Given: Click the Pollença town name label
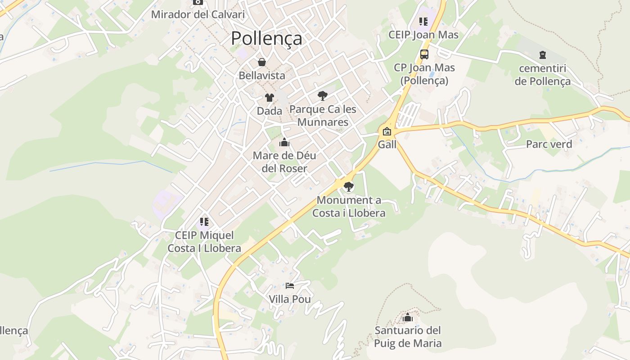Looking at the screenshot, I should (x=266, y=39).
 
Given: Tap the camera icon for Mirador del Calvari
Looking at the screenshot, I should (x=198, y=2).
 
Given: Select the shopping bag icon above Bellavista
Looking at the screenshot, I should (x=262, y=62).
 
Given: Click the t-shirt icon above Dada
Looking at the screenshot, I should (x=270, y=98).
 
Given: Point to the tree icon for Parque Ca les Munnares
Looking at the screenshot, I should (x=322, y=95).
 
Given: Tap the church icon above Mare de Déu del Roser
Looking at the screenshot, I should (x=284, y=143).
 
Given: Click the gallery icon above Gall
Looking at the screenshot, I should (x=387, y=131).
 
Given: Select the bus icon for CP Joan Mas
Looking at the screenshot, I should (x=424, y=54).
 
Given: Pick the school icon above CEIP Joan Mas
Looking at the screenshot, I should (x=423, y=21).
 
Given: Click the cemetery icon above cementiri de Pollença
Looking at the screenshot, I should (x=543, y=55).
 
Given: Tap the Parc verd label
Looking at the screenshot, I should (x=549, y=144).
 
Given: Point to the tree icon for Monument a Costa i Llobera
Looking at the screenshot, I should (x=349, y=187).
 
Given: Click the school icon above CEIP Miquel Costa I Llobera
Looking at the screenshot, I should (x=204, y=222).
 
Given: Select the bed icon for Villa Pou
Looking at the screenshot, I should (x=290, y=286).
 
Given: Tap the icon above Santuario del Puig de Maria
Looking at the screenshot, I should (x=408, y=318).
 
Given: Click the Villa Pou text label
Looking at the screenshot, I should (x=290, y=299).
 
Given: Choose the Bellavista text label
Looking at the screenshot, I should (x=262, y=76).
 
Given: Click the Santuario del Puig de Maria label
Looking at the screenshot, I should (x=408, y=337).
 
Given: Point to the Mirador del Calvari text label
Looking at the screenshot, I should (x=198, y=14).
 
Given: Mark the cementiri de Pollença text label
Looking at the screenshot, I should (x=543, y=75).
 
